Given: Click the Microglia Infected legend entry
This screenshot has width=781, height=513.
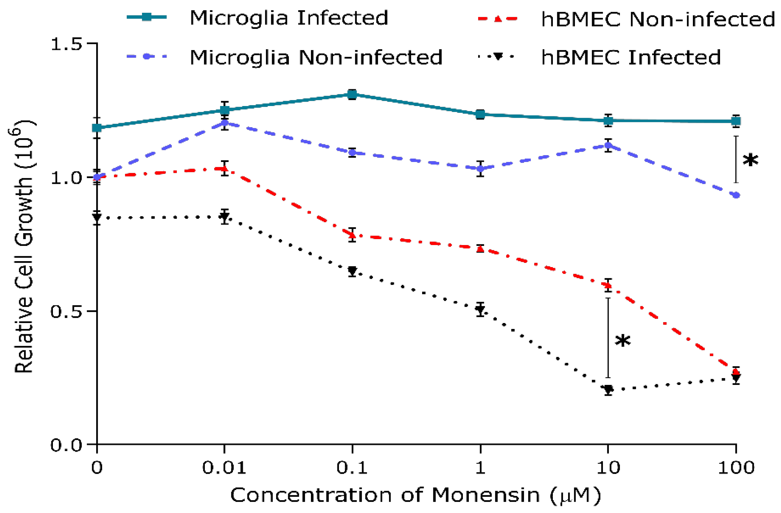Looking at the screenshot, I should pos(289,18).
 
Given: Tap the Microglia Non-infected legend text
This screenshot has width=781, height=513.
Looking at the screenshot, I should pos(316,58).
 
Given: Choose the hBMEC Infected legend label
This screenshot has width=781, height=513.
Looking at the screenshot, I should pos(630,58).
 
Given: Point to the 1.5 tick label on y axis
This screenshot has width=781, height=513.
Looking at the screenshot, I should pos(66,44).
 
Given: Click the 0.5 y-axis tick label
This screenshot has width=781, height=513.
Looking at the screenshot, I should pos(66,312).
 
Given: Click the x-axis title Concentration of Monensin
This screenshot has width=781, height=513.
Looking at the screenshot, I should pos(416,495).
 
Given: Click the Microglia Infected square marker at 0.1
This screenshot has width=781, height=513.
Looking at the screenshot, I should pos(352,95).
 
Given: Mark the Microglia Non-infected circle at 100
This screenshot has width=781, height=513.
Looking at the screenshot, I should pos(736,195).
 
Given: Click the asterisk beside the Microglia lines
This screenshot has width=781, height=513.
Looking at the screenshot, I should pos(750,161).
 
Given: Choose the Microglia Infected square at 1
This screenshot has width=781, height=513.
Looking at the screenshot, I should pos(480,114).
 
